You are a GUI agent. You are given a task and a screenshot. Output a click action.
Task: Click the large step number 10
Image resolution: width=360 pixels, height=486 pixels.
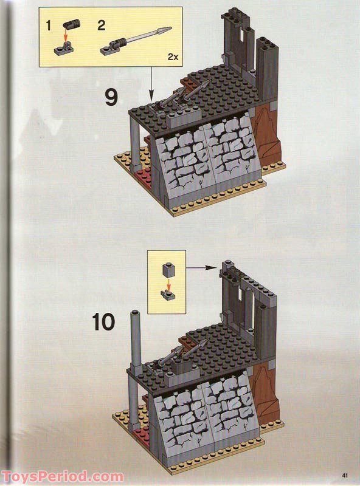(x=104, y=321)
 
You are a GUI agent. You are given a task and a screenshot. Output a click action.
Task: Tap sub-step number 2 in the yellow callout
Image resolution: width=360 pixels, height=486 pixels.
(x=101, y=26)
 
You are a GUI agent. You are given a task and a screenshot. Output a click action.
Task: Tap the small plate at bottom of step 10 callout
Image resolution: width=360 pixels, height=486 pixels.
(x=168, y=293)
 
